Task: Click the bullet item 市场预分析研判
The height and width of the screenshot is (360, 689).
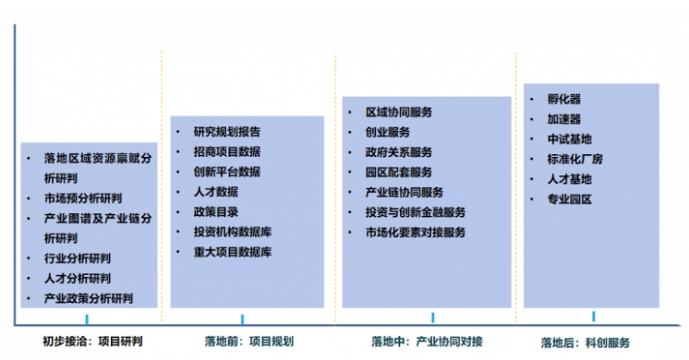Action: click(82, 198)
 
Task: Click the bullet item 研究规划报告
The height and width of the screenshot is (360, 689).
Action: click(226, 131)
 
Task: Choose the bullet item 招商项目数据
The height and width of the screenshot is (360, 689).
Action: click(226, 151)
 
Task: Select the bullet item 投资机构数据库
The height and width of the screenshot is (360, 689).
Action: click(232, 231)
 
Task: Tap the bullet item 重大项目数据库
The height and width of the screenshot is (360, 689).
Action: click(232, 251)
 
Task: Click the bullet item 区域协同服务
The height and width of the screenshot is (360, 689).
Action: click(399, 112)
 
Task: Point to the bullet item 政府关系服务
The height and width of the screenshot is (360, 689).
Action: click(399, 152)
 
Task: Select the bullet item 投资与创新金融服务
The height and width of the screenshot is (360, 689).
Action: click(416, 212)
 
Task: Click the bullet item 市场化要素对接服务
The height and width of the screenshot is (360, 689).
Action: click(416, 232)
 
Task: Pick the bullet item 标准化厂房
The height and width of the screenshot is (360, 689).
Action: click(574, 159)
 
